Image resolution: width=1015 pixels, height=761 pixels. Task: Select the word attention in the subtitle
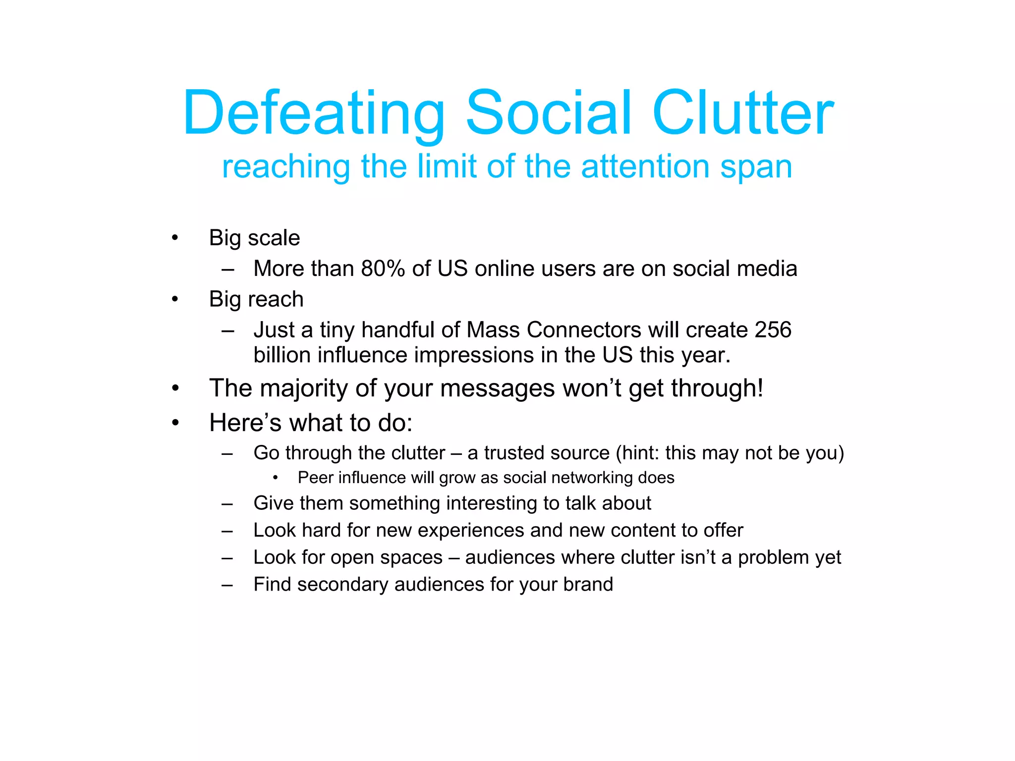(x=645, y=166)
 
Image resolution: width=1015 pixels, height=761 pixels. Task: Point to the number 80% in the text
(x=383, y=269)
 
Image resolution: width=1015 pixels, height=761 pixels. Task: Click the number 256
(x=773, y=330)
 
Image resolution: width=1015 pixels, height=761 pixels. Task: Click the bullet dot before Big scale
(x=174, y=238)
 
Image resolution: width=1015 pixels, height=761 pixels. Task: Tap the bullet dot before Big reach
(x=174, y=299)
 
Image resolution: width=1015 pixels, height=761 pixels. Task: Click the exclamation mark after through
(x=759, y=388)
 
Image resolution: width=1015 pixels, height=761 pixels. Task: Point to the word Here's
(x=245, y=423)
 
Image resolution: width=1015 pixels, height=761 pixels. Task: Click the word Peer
(x=315, y=478)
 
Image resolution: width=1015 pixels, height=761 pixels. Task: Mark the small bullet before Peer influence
(x=275, y=478)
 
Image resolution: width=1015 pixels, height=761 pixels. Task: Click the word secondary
(x=342, y=585)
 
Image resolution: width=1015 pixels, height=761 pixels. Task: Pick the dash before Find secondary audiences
(x=227, y=585)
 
